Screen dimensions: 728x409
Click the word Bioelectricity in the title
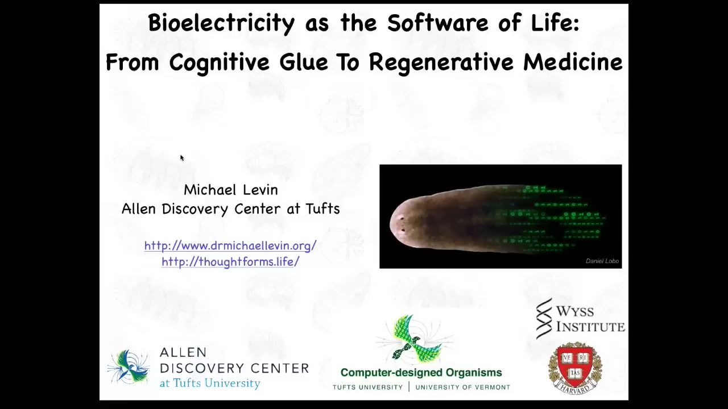coord(221,23)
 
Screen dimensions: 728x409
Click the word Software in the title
coord(437,22)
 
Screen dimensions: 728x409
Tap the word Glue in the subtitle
coord(304,62)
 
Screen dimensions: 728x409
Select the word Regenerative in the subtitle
coord(441,63)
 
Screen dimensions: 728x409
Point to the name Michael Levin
coord(231,190)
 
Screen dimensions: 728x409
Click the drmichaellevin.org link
coord(230,246)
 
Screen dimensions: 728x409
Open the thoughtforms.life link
coord(230,262)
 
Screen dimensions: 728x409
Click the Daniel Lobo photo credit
coord(602,261)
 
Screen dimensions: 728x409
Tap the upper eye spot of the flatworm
coord(402,219)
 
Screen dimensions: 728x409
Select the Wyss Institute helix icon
coord(544,319)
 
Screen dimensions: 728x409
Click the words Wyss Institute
coord(590,319)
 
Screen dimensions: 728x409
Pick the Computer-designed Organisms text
coord(421,373)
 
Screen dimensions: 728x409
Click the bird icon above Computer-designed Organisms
coord(415,339)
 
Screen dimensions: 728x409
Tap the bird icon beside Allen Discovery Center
coord(129,367)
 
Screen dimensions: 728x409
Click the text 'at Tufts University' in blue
coord(210,383)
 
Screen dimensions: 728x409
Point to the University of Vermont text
coord(463,387)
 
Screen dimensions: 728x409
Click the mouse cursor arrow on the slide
coord(182,158)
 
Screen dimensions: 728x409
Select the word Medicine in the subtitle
coord(573,62)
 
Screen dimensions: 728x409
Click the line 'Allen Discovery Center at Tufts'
coord(231,209)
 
